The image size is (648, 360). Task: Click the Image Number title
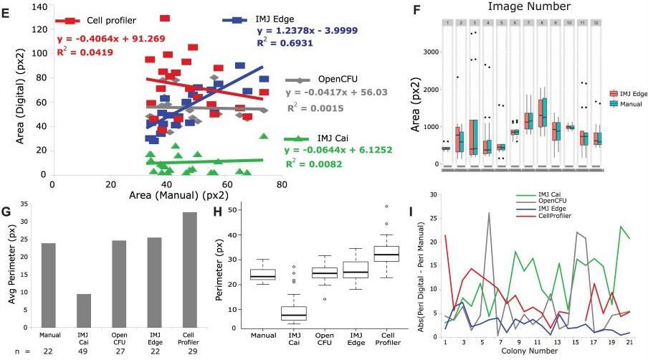pos(529,6)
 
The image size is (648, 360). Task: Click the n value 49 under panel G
pos(84,352)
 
